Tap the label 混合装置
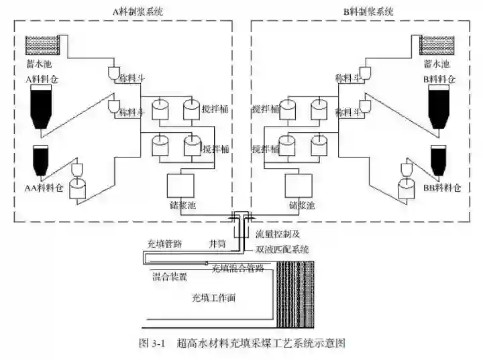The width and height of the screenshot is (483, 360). [x=170, y=276]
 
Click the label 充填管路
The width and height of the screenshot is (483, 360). [x=164, y=244]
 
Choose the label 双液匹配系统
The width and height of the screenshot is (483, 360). [x=282, y=249]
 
